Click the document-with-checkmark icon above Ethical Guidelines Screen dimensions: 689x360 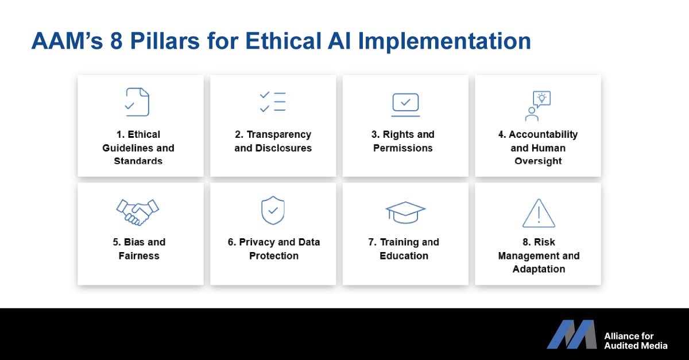tap(137, 102)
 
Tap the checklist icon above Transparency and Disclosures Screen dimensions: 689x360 tap(273, 102)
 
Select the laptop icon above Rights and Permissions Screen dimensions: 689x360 tap(405, 105)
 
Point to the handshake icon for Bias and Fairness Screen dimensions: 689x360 tap(137, 212)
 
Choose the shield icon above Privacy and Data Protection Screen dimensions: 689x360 tap(273, 211)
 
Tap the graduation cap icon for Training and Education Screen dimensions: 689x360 tap(405, 212)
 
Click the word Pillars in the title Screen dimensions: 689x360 tap(165, 41)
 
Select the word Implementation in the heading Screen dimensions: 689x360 tap(444, 42)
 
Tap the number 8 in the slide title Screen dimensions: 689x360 tap(117, 41)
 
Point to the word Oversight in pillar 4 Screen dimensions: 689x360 tap(539, 161)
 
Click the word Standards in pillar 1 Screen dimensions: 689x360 tap(138, 161)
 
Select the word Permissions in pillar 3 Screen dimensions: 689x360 tap(403, 148)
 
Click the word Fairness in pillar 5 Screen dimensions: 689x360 tap(139, 256)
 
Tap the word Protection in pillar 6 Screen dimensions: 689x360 tap(274, 256)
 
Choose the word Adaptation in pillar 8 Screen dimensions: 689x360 tap(539, 269)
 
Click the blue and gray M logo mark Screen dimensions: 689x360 tap(571, 335)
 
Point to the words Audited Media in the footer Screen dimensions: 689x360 tap(636, 346)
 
